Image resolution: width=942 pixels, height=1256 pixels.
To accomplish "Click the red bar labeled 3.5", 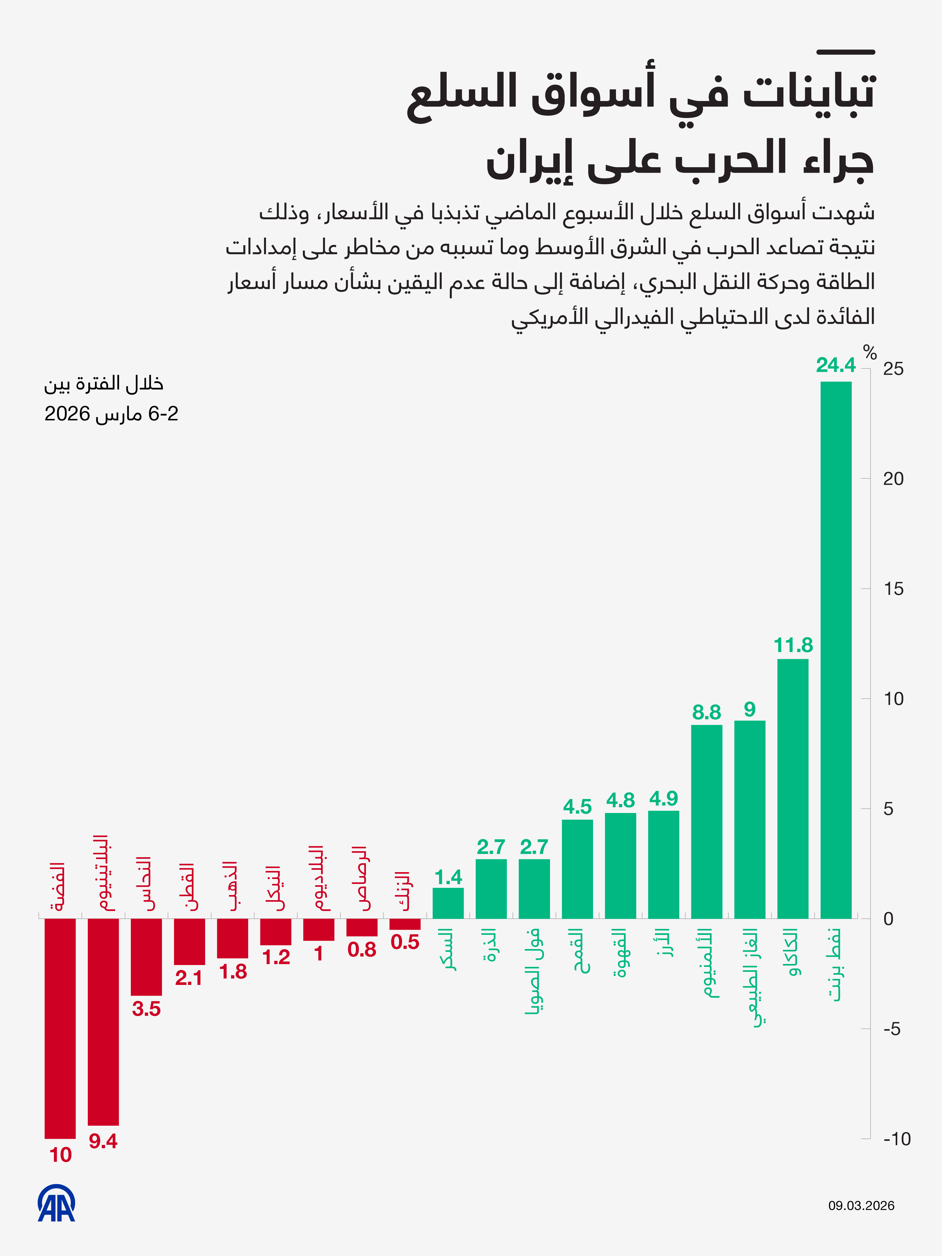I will click(147, 957).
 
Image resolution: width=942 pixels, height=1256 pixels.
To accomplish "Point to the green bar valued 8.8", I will click(706, 821).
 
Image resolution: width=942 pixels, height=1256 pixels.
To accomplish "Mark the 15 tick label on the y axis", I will click(893, 589).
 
